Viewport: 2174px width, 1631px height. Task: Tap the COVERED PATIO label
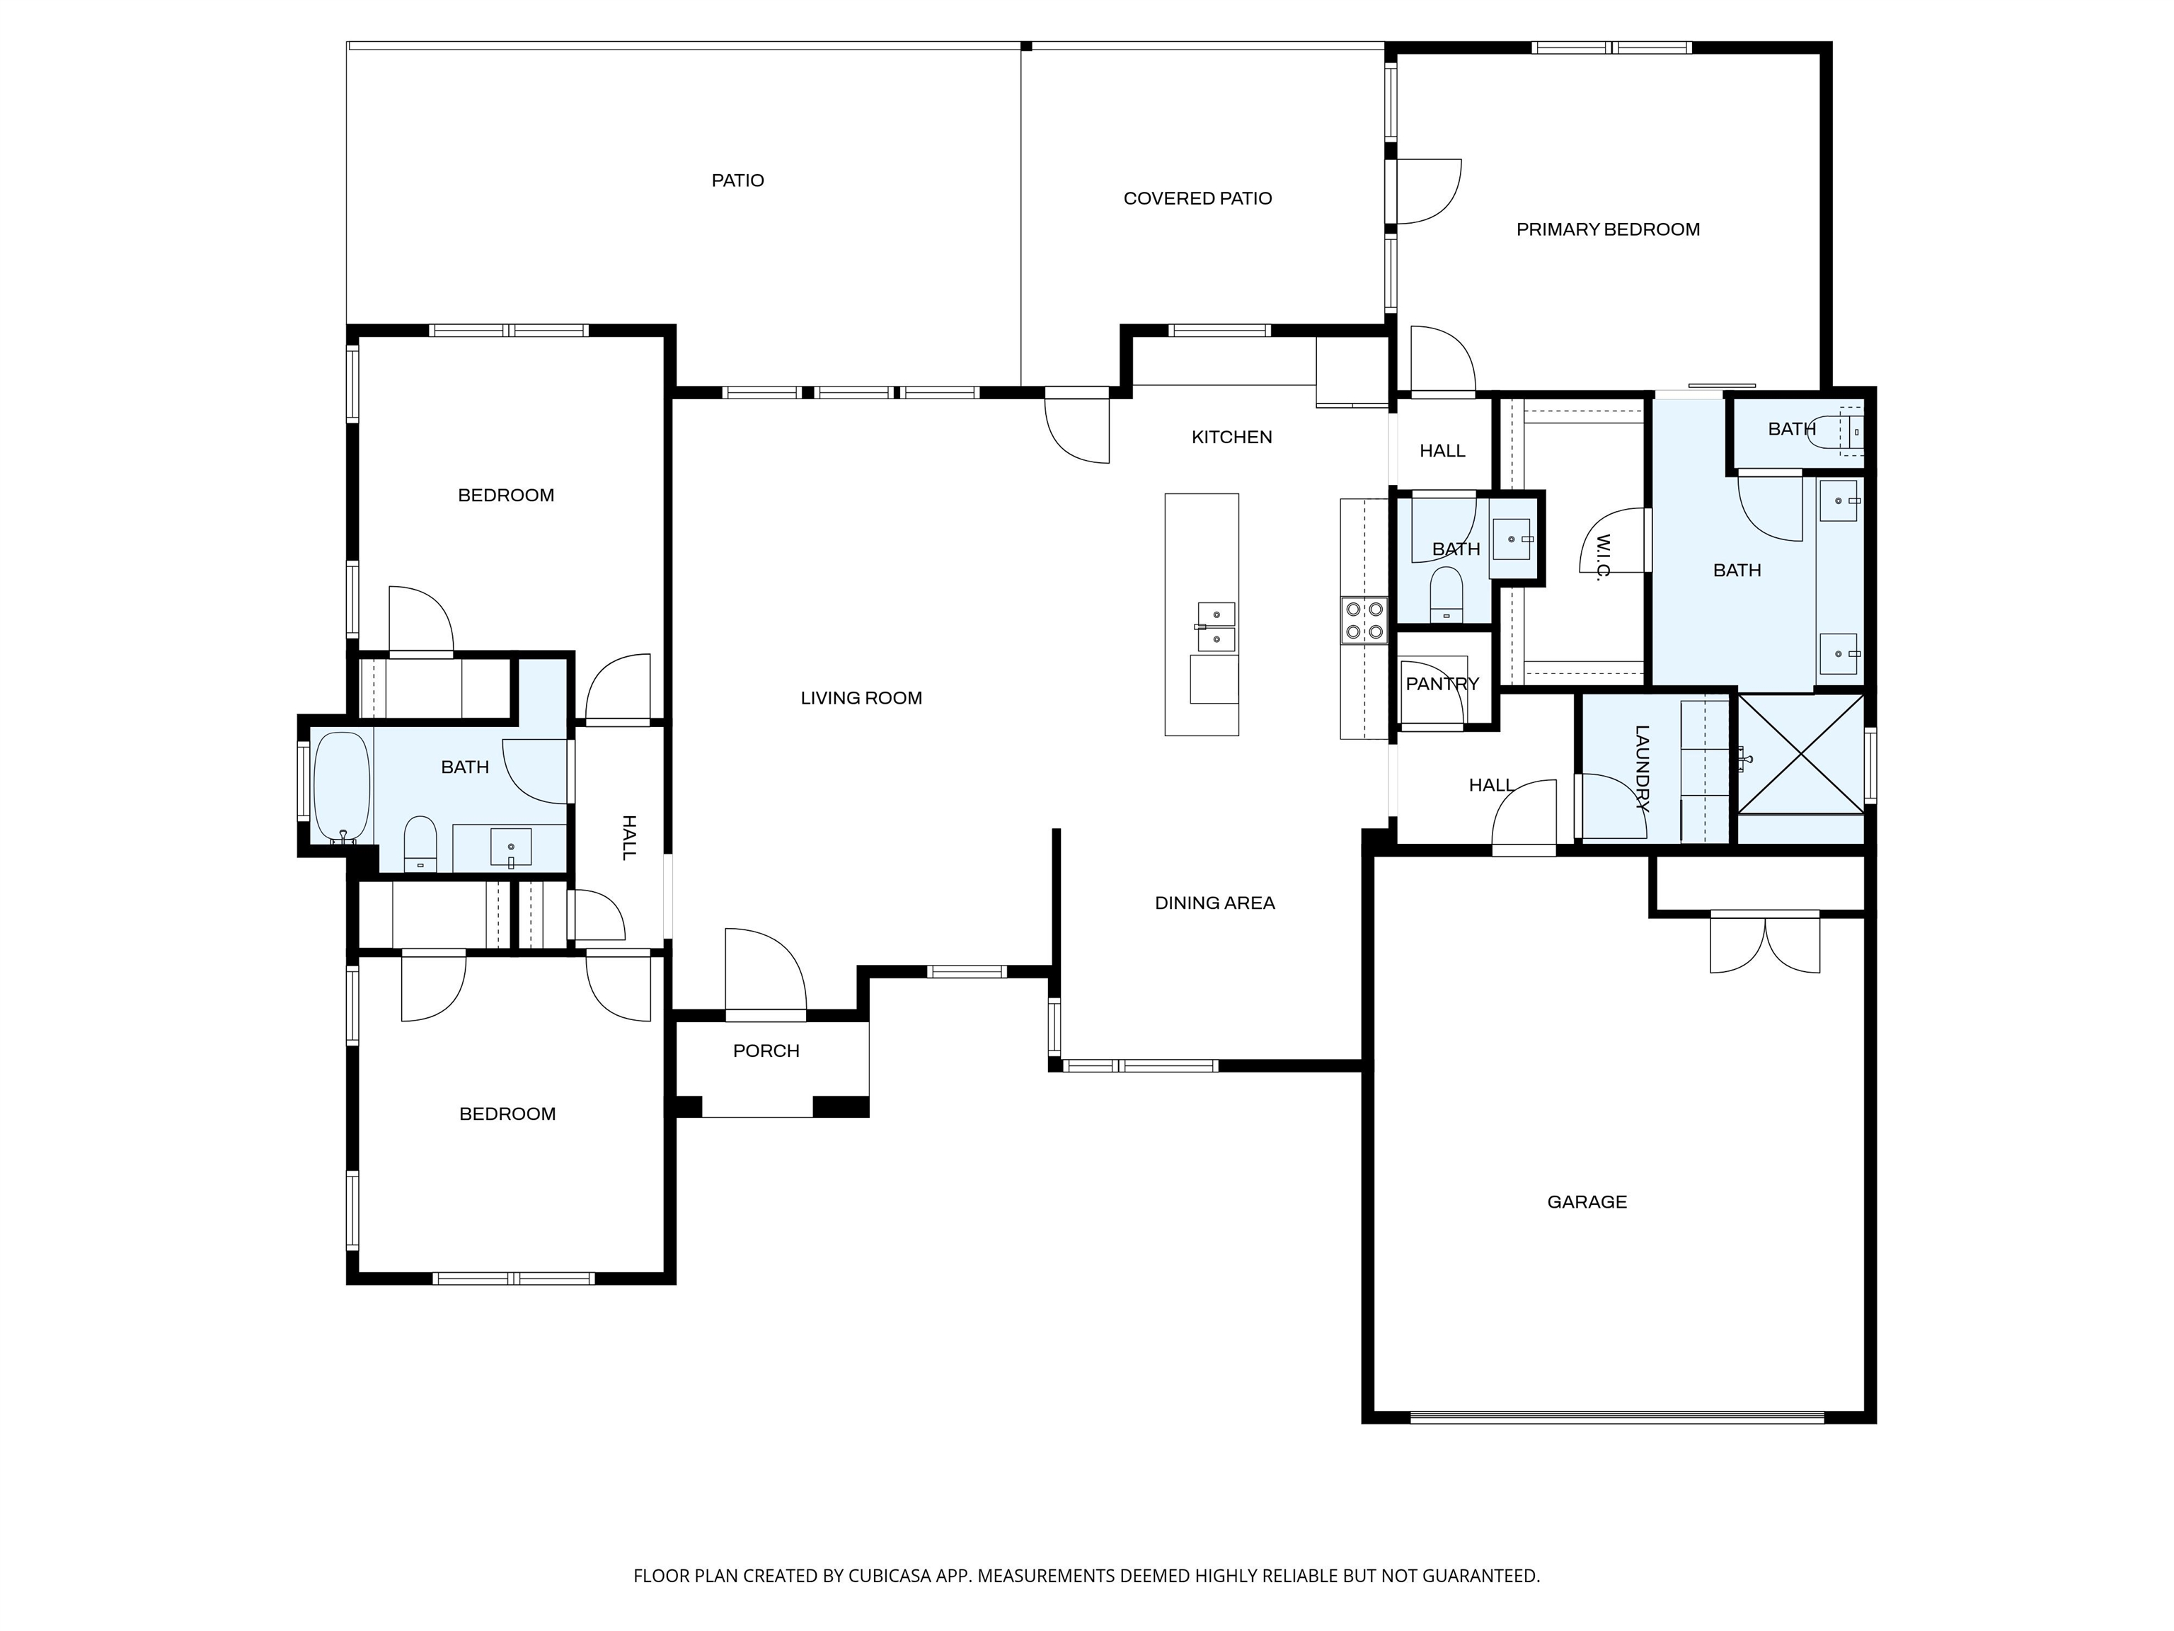[1197, 199]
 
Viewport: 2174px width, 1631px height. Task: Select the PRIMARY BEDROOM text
[1608, 230]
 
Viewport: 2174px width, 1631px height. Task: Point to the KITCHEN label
[1231, 437]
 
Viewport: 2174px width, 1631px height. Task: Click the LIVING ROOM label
[861, 699]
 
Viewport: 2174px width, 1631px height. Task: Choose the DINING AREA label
[1215, 903]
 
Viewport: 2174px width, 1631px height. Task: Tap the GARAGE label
[1587, 1202]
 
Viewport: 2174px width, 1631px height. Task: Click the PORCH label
[766, 1051]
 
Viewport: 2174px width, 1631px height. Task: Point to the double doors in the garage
[1765, 943]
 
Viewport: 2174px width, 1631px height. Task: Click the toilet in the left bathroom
[420, 844]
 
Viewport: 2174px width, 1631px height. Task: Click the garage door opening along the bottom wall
[1618, 1417]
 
